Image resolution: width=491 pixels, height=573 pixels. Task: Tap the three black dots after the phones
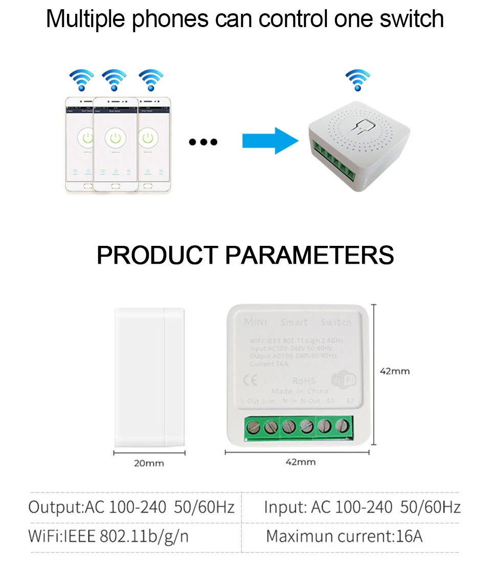point(203,142)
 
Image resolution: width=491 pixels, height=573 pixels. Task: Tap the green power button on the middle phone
point(116,138)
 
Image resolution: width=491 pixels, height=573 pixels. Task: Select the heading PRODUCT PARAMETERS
point(245,255)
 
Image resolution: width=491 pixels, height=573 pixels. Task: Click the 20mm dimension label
point(149,464)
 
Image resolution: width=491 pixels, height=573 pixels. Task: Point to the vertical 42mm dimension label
point(394,371)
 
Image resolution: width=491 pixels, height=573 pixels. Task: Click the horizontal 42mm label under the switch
point(300,462)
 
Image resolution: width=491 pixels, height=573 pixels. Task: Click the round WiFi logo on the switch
point(344,380)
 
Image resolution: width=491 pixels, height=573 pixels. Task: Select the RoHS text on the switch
point(304,381)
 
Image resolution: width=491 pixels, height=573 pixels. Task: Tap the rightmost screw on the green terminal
point(342,425)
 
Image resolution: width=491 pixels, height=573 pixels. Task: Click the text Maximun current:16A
point(344,536)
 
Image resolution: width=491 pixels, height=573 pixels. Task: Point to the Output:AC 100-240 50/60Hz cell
point(131,507)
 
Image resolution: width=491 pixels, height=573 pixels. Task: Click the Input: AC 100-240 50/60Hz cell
point(362,507)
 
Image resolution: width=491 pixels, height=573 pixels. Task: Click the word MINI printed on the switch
point(256,323)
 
